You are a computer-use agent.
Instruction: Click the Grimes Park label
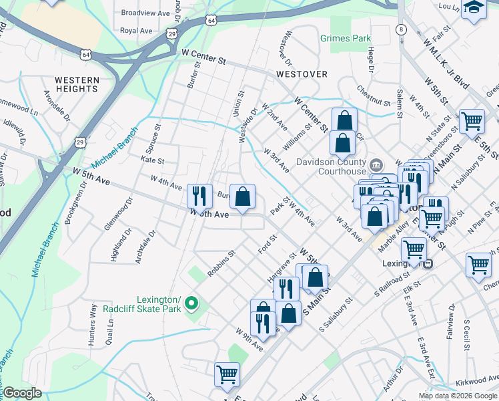345,38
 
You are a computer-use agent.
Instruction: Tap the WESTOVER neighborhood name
302,74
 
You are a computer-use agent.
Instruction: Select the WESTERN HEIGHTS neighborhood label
77,84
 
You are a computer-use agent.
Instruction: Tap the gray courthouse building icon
376,164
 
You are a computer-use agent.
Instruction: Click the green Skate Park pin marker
192,303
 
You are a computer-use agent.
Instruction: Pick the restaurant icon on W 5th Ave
199,196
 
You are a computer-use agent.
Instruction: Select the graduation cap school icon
473,8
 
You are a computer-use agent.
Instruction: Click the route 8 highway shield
400,29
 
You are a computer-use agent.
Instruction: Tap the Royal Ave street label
136,31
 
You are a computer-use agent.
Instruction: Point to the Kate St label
152,160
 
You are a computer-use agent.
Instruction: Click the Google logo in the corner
22,393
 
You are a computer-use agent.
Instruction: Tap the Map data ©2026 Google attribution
458,396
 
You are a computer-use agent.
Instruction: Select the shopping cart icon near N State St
472,121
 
